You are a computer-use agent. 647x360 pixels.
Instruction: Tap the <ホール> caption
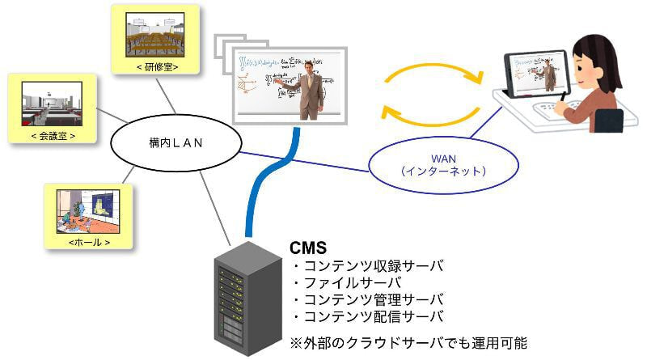click(88, 241)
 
